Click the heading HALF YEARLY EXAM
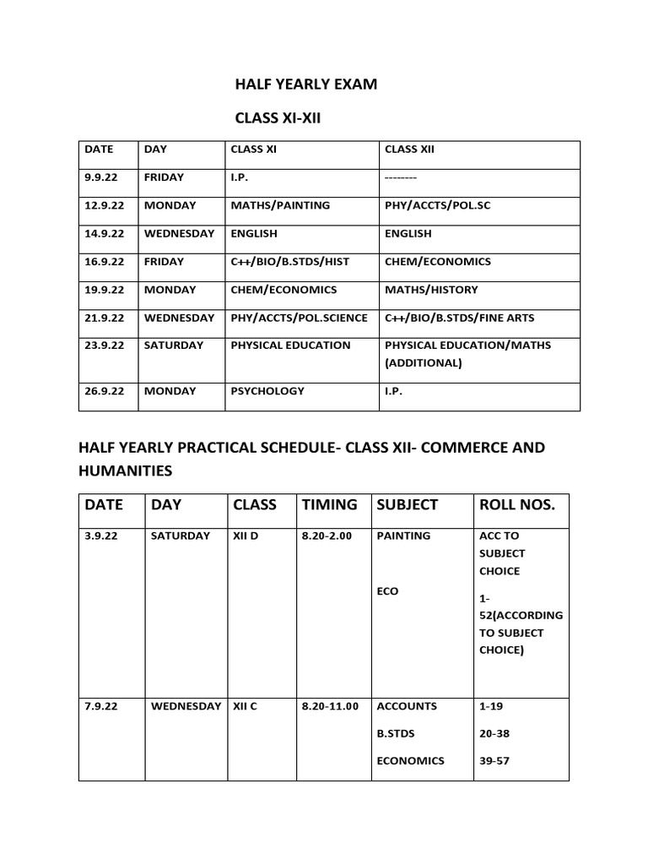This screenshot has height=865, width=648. (305, 84)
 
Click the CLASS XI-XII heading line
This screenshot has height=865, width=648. (278, 122)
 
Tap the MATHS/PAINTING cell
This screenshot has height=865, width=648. (280, 205)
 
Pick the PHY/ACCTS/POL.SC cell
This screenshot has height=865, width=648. (437, 205)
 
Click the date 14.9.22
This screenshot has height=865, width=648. (105, 233)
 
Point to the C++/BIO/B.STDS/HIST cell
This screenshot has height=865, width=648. (289, 262)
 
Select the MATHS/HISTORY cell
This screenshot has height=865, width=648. (430, 290)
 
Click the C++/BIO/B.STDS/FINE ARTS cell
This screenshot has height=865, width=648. (459, 318)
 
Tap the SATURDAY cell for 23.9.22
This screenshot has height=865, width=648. (174, 345)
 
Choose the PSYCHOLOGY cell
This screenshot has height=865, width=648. (267, 391)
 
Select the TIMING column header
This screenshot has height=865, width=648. (329, 505)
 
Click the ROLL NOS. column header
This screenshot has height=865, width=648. (516, 505)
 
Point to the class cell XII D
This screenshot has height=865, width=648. (246, 536)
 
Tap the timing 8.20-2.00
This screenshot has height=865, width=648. (329, 536)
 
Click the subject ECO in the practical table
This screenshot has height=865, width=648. (387, 591)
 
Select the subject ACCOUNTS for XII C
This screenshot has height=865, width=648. (407, 706)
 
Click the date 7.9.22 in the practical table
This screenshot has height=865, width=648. (101, 706)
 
